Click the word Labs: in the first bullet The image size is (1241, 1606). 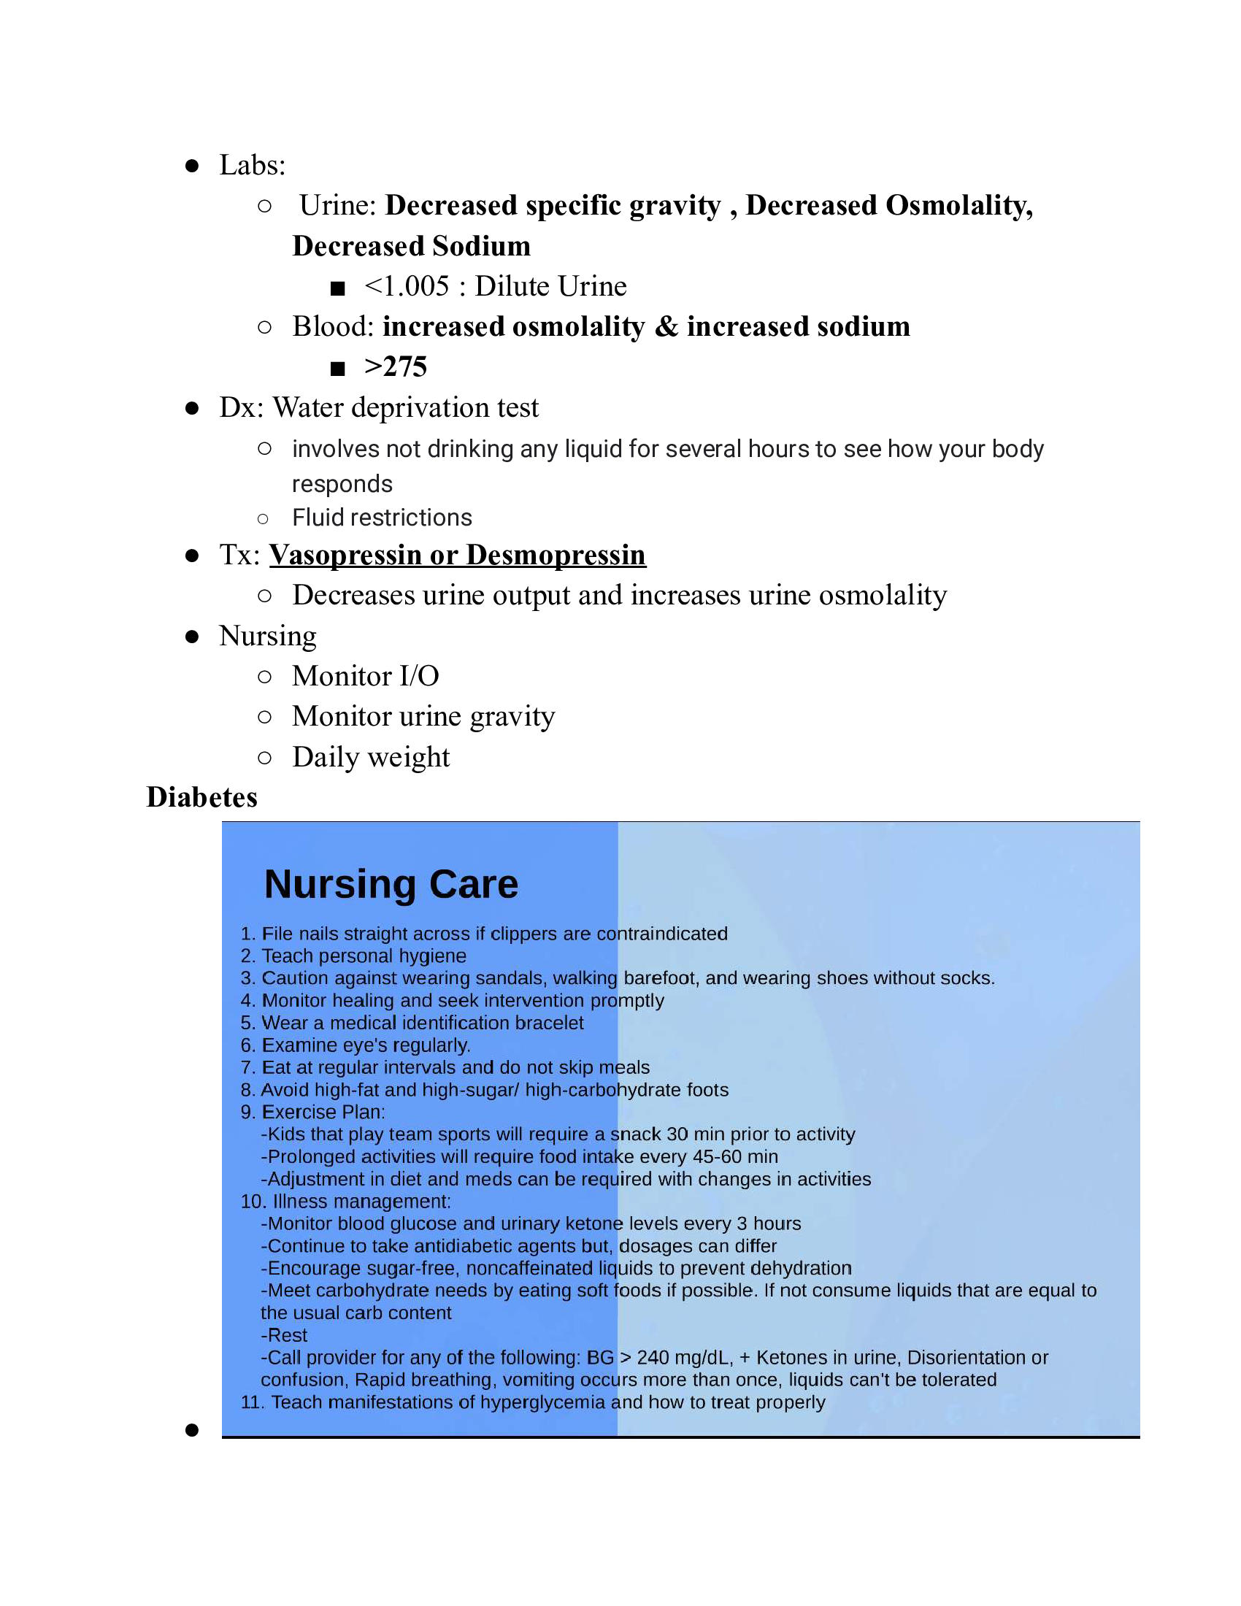[252, 166]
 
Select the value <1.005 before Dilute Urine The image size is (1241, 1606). [407, 286]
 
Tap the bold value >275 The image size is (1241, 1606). [396, 367]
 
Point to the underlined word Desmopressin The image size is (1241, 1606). [556, 555]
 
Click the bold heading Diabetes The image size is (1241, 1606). [201, 797]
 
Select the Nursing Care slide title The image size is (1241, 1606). [391, 884]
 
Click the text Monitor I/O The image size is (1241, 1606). [366, 676]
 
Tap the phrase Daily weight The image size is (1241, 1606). [371, 757]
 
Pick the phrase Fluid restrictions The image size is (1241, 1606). [382, 518]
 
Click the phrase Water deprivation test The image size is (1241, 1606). [406, 407]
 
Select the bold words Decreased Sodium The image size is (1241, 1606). [411, 245]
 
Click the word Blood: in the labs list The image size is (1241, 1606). [333, 326]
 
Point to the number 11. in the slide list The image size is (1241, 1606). [252, 1402]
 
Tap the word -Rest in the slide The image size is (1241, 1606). [284, 1334]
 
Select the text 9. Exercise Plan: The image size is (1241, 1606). [312, 1112]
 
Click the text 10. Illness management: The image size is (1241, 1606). [345, 1201]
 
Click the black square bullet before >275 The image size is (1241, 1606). [337, 369]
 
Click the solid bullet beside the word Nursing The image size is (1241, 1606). [192, 637]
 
